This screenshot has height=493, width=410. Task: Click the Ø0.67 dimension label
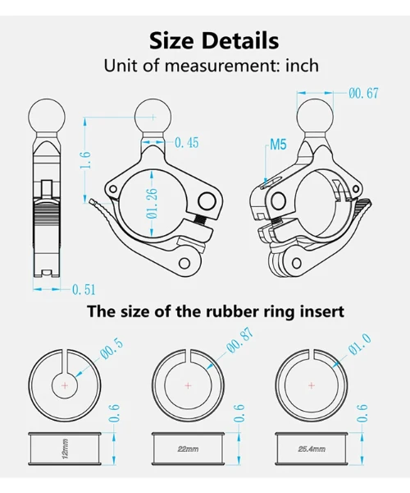point(363,94)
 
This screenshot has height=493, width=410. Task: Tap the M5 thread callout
point(278,145)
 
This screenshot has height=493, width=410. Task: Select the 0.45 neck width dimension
point(187,143)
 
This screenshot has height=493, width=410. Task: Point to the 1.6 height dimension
point(85,159)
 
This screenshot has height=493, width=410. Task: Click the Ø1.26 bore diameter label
point(152,204)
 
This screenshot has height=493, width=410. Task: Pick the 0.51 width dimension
point(84,289)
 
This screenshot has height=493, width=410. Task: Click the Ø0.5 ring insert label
point(112,350)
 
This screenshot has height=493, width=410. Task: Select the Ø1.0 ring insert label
point(360,344)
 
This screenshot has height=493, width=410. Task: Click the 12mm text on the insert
point(66,449)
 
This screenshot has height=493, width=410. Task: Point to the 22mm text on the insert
point(188,449)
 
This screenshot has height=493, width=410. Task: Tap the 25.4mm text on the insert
point(312,449)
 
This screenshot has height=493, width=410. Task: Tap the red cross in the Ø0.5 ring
point(65,385)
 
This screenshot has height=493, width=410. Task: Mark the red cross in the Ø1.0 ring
point(312,385)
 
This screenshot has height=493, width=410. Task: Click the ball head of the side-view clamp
point(47,117)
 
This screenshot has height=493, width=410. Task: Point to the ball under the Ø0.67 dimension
point(315,117)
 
